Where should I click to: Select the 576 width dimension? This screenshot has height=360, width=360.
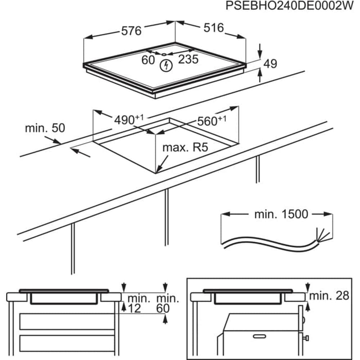pyautogui.click(x=131, y=31)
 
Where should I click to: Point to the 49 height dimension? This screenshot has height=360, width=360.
pyautogui.click(x=270, y=64)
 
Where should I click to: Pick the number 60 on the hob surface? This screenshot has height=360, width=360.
pyautogui.click(x=148, y=60)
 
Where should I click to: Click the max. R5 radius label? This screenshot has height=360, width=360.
pyautogui.click(x=185, y=147)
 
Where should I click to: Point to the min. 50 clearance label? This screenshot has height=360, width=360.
pyautogui.click(x=45, y=129)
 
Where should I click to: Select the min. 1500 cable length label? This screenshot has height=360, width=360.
pyautogui.click(x=281, y=214)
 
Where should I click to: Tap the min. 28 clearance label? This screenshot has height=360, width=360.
pyautogui.click(x=329, y=296)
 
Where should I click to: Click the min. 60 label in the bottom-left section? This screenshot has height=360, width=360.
pyautogui.click(x=167, y=303)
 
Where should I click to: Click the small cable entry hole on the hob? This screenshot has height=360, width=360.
pyautogui.click(x=164, y=54)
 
